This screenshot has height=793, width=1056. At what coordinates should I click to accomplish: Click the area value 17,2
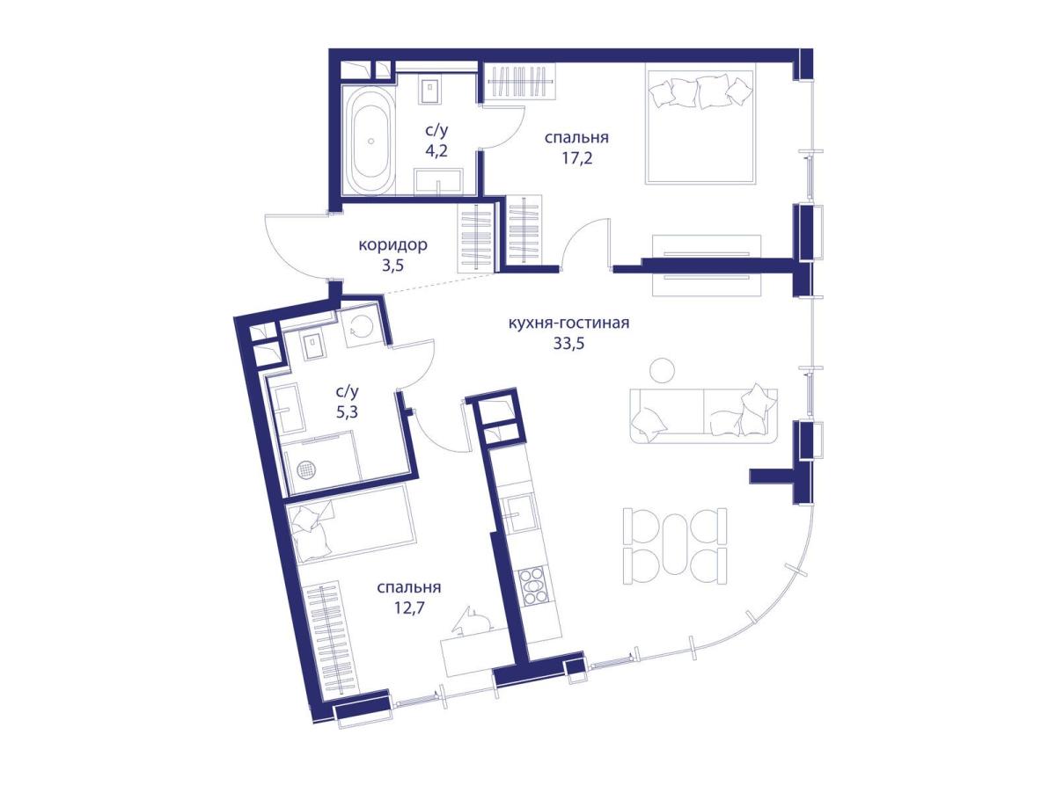click(576, 158)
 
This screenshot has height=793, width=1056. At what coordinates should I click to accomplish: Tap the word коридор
click(392, 245)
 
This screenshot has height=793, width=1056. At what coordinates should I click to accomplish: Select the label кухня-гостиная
click(568, 323)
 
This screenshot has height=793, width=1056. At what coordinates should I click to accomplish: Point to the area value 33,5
click(568, 344)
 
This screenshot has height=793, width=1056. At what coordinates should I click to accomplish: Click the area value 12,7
click(409, 608)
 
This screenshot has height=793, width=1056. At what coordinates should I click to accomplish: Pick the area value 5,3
click(347, 411)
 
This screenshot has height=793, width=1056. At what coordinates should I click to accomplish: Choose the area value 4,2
click(436, 151)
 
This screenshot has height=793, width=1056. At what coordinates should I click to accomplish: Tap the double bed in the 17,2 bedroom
click(700, 127)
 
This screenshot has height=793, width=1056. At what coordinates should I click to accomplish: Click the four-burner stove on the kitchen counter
click(532, 586)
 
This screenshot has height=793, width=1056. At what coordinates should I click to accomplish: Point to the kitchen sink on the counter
click(518, 513)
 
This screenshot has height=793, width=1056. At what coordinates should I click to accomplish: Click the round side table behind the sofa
click(662, 369)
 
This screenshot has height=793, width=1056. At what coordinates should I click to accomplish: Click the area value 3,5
click(392, 266)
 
